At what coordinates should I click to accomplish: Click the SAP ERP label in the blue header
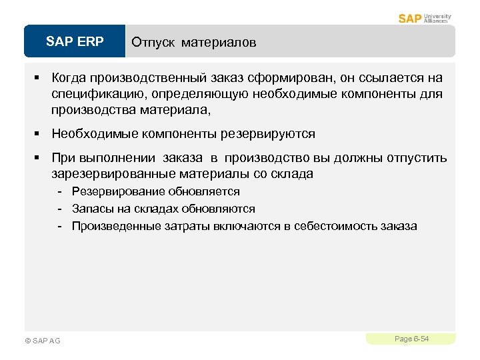[75, 42]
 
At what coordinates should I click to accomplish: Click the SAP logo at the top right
[409, 18]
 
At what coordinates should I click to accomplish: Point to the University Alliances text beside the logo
[437, 18]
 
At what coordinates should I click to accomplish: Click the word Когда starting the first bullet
[71, 79]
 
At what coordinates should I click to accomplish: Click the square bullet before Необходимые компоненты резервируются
[38, 134]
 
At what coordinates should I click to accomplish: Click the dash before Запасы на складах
[59, 209]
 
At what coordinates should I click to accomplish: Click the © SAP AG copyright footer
[42, 341]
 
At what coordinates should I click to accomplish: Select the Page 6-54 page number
[411, 339]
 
